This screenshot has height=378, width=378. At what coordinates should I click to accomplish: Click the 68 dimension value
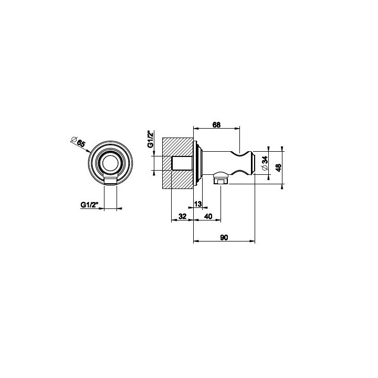(216, 124)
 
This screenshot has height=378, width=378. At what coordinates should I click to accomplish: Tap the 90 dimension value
(224, 237)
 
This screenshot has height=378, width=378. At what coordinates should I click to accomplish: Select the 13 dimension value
(198, 204)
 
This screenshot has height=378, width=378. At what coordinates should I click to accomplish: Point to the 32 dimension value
(183, 216)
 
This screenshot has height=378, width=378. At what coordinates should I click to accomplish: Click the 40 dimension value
(208, 216)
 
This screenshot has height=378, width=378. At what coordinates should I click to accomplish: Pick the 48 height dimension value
(278, 167)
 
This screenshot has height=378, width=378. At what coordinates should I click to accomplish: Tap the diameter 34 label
(265, 163)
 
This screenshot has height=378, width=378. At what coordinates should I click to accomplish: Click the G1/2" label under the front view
(89, 205)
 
